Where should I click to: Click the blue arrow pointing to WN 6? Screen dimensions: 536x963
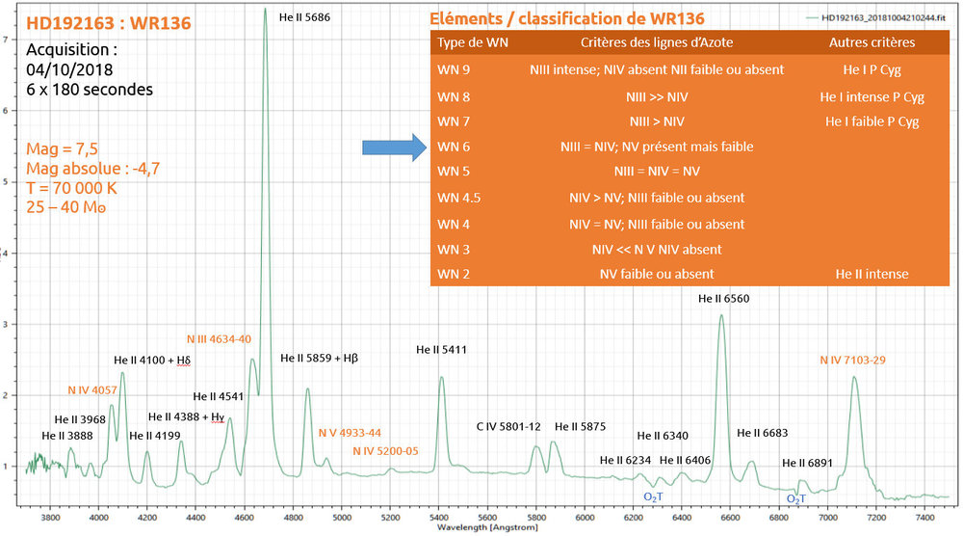click(393, 147)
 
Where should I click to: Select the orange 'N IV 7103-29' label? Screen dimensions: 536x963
click(852, 360)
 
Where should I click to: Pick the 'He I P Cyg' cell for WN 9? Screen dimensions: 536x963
click(871, 70)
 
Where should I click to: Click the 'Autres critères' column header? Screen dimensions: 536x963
click(872, 43)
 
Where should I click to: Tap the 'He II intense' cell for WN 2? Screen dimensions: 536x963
click(871, 275)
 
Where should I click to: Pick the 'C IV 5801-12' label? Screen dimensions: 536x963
click(508, 426)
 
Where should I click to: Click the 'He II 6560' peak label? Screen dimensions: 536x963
click(723, 299)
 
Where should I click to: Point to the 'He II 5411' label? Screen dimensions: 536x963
click(441, 349)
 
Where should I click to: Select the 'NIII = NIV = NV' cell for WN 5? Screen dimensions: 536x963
click(657, 173)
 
